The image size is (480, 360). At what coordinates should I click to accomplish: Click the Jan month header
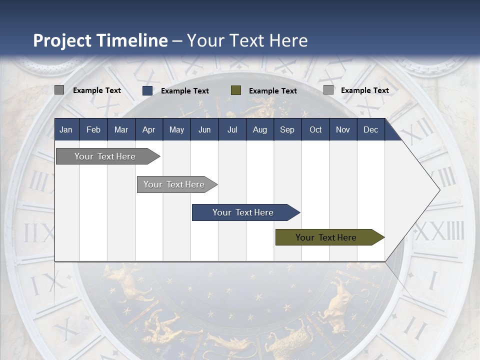tap(66, 129)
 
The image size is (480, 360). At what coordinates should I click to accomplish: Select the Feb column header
tap(93, 129)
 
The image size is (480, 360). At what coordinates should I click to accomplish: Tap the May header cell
tap(176, 129)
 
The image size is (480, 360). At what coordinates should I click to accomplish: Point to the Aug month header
tap(259, 129)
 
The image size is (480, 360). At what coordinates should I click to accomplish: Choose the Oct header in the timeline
tap(315, 129)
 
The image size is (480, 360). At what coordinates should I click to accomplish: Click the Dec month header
tap(370, 129)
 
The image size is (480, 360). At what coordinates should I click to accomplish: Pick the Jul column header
tap(232, 129)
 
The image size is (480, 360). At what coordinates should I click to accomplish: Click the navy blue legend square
tap(147, 90)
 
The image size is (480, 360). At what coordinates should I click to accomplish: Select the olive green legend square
tap(236, 90)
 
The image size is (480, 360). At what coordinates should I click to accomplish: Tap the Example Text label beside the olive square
tap(272, 91)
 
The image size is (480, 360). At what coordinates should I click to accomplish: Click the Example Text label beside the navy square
tap(184, 91)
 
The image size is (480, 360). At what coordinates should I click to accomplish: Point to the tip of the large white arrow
tap(438, 189)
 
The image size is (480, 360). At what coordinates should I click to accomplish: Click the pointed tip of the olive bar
tap(383, 237)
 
